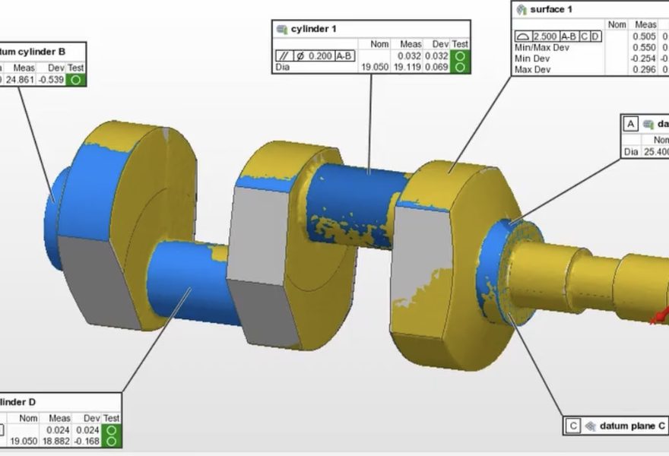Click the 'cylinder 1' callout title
313,29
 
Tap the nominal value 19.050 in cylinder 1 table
374,68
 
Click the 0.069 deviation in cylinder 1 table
437,68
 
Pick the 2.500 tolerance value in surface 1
545,36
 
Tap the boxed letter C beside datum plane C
573,426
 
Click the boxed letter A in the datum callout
629,124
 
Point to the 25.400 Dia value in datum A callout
655,152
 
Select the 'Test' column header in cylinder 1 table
460,44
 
